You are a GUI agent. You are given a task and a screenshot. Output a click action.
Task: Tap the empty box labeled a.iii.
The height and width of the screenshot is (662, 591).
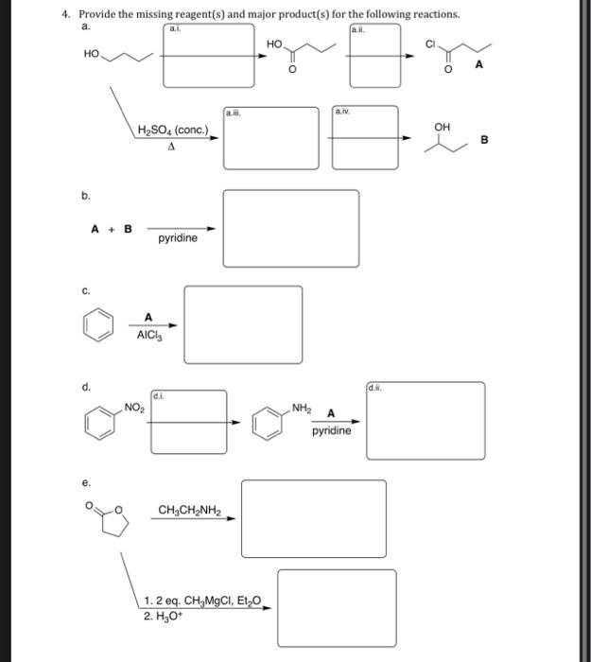[x=271, y=138]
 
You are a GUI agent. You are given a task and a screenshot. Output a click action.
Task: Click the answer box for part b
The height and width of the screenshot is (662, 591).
[x=290, y=228]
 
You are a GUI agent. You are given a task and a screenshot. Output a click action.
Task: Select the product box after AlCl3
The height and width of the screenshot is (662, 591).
[x=243, y=324]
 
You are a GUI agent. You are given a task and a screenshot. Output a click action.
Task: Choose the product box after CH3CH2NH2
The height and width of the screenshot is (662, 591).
[x=313, y=518]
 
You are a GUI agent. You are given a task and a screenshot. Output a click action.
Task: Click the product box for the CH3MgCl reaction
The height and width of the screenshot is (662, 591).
[x=337, y=607]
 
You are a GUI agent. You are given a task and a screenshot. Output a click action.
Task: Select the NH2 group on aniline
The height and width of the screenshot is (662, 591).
[x=303, y=408]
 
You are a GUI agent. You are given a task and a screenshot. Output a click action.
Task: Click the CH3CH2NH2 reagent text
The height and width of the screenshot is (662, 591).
[x=189, y=512]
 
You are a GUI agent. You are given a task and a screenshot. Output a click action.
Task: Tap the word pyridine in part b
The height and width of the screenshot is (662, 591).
[x=178, y=238]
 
